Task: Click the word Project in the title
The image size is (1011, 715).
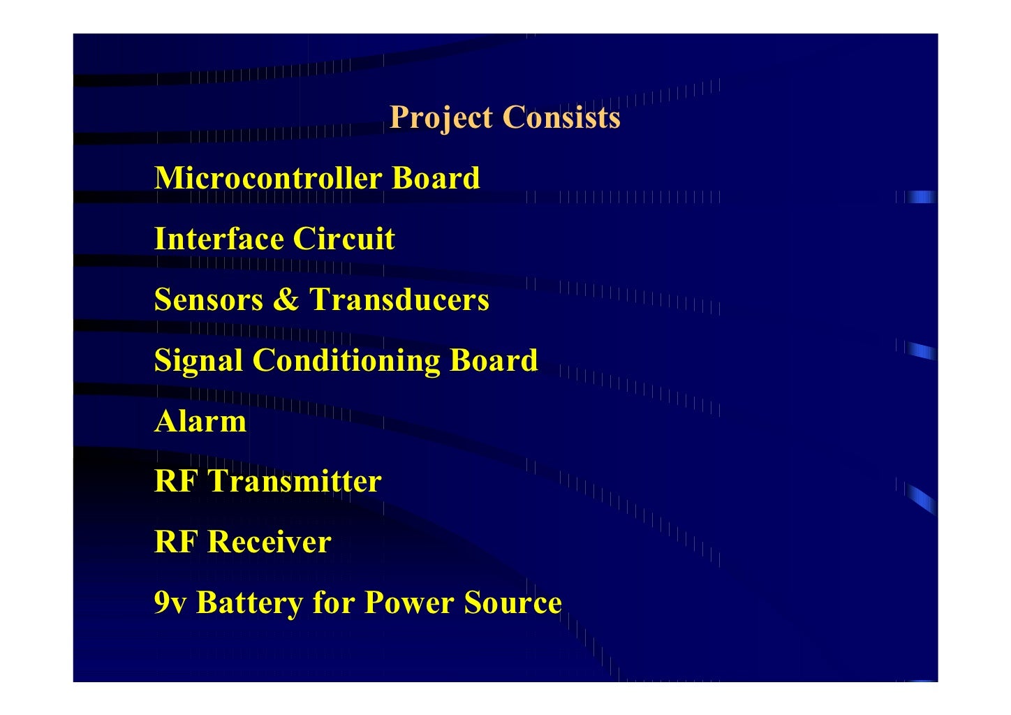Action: pyautogui.click(x=441, y=117)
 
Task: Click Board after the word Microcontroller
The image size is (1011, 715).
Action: pyautogui.click(x=436, y=178)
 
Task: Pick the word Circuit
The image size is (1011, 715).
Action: pyautogui.click(x=344, y=239)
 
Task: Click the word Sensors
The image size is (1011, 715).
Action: pyautogui.click(x=209, y=300)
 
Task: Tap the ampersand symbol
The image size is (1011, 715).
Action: pyautogui.click(x=286, y=300)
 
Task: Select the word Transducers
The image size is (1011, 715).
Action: pyautogui.click(x=399, y=300)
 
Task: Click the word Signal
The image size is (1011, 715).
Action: pyautogui.click(x=198, y=361)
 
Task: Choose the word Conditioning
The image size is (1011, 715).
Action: pyautogui.click(x=346, y=361)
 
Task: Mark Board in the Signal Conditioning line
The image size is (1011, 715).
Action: pyautogui.click(x=494, y=360)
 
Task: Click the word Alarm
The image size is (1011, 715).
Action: pyautogui.click(x=200, y=421)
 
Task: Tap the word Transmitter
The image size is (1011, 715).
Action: pyautogui.click(x=295, y=481)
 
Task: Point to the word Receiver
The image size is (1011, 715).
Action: pyautogui.click(x=270, y=542)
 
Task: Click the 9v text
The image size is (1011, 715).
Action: pyautogui.click(x=170, y=603)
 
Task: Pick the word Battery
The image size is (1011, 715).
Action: pyautogui.click(x=249, y=603)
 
